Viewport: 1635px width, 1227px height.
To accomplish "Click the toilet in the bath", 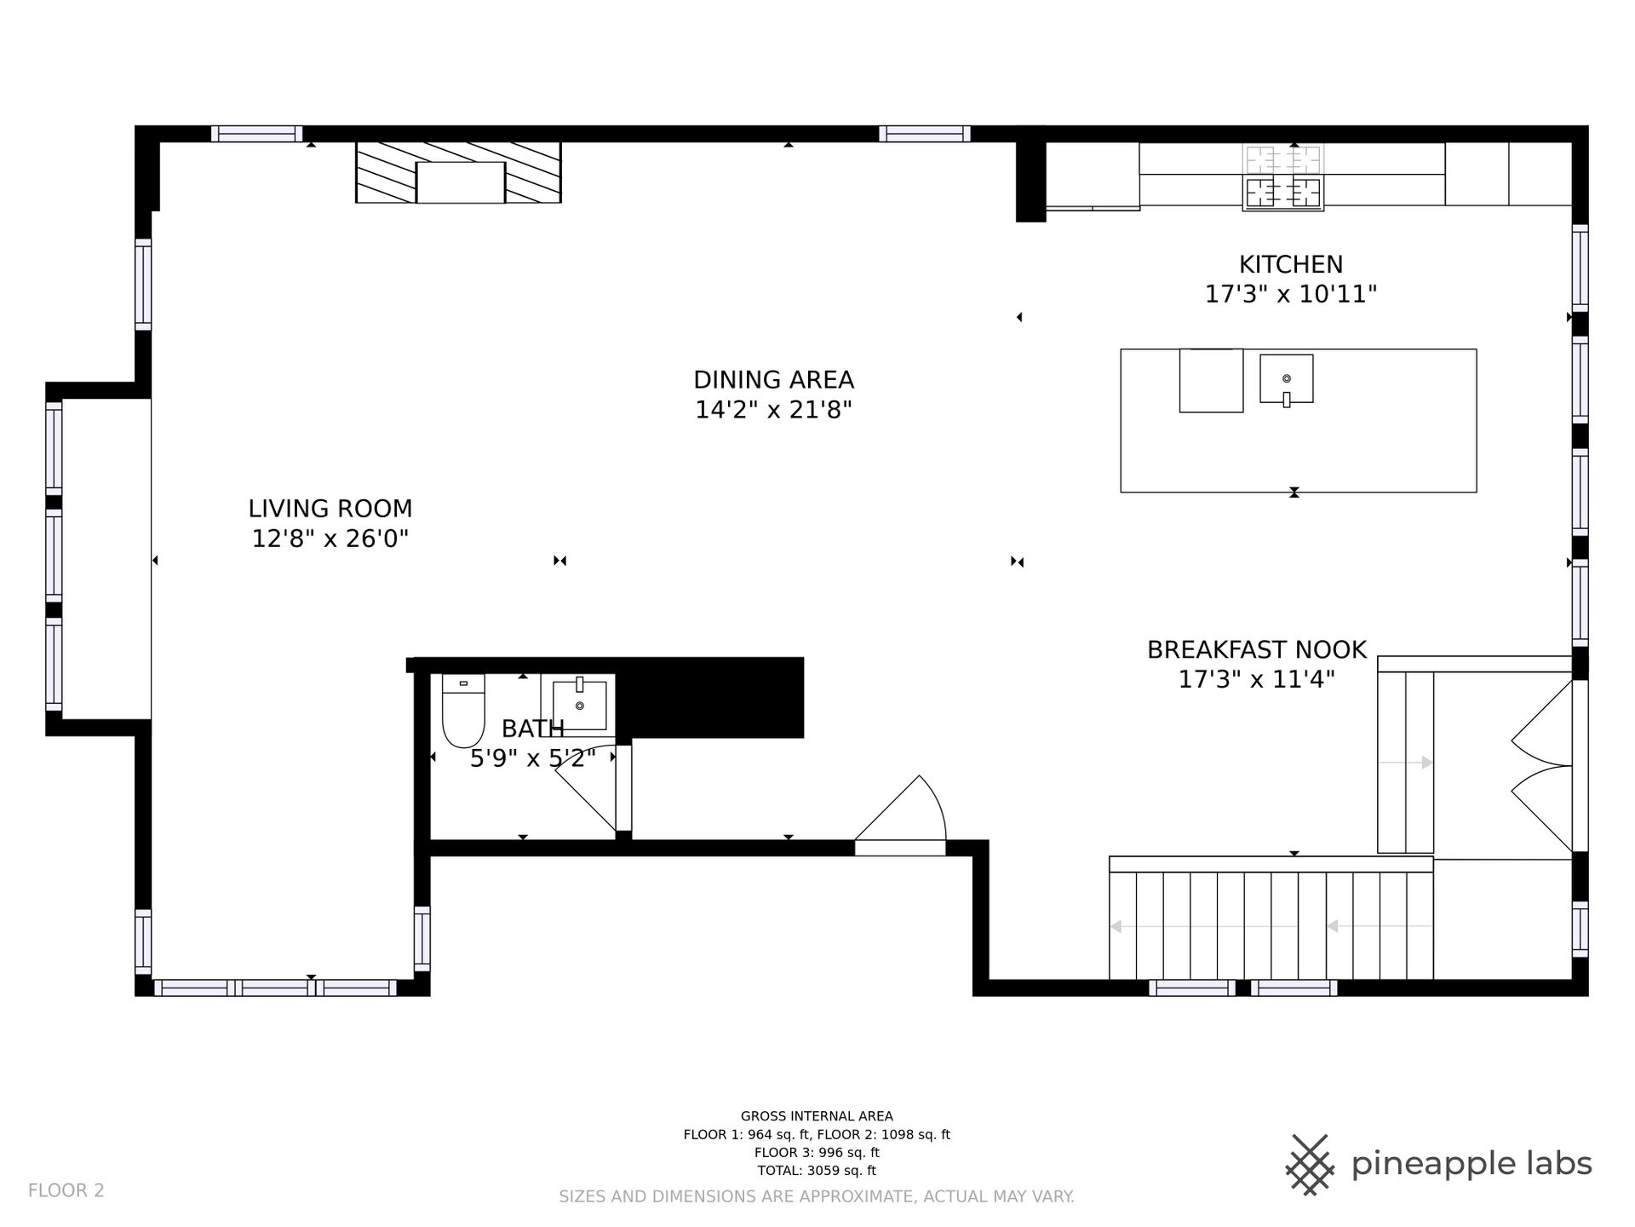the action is (x=463, y=710).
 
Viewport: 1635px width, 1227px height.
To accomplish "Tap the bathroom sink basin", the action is (x=579, y=705).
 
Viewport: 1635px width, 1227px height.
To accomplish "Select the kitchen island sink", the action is (x=1286, y=378).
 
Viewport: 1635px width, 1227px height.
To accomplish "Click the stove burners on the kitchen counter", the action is (x=1282, y=177).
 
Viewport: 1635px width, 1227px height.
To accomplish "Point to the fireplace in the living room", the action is (x=458, y=173).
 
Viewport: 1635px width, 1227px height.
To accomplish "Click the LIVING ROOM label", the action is (x=330, y=509).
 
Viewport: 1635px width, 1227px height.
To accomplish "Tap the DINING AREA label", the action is (x=773, y=380).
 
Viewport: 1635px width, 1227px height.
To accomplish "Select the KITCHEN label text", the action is (x=1290, y=264).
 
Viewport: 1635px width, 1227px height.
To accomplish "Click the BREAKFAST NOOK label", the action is (x=1256, y=650).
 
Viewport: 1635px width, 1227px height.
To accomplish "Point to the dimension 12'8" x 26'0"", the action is (x=330, y=539).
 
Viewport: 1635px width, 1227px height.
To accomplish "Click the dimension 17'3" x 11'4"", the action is (x=1256, y=680).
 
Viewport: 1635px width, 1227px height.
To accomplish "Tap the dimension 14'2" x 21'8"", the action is (x=773, y=411).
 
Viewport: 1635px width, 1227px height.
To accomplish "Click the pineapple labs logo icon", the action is (x=1311, y=1163).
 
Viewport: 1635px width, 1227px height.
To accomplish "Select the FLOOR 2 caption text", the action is (x=66, y=1190).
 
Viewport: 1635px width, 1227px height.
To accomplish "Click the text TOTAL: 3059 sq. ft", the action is (x=817, y=1171).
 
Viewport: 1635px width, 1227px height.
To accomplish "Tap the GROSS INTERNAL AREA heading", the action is (x=817, y=1116).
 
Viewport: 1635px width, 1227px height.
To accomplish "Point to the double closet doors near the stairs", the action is (x=1541, y=766).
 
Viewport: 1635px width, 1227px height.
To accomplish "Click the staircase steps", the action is (x=1271, y=919).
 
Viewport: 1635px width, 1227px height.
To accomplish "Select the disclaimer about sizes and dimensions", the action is (x=817, y=1197).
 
